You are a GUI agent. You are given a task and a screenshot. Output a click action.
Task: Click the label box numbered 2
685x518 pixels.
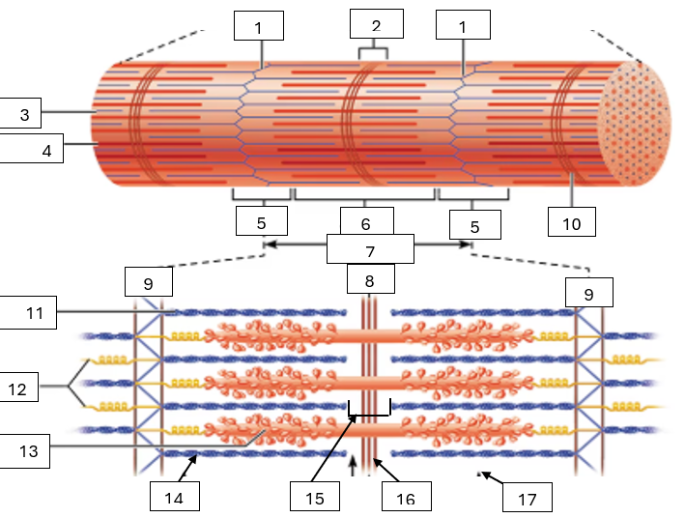coord(376,24)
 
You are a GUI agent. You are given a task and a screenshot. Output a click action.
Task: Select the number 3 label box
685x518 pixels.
coord(25,114)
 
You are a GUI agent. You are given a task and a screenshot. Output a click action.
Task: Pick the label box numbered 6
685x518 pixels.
coord(366,223)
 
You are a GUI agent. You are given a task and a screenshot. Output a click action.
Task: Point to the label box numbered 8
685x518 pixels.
coord(368,280)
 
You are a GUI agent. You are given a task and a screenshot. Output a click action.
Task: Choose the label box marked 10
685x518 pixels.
coord(571,221)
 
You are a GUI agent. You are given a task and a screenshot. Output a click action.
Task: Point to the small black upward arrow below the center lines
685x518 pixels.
coord(352,467)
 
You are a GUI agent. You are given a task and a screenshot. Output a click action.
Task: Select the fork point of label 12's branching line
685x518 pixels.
coord(70,388)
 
